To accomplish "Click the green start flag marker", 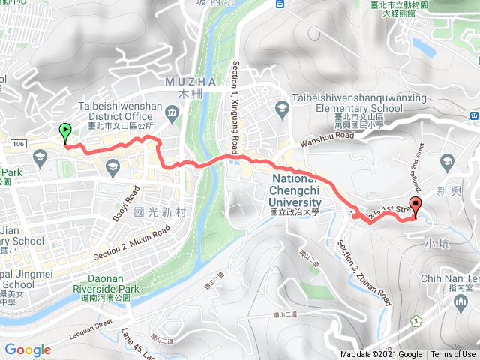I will pos(65,132).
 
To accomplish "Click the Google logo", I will pos(28,349).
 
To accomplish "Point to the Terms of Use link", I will pos(453,355).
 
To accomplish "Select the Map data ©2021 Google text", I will pos(381,355).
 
